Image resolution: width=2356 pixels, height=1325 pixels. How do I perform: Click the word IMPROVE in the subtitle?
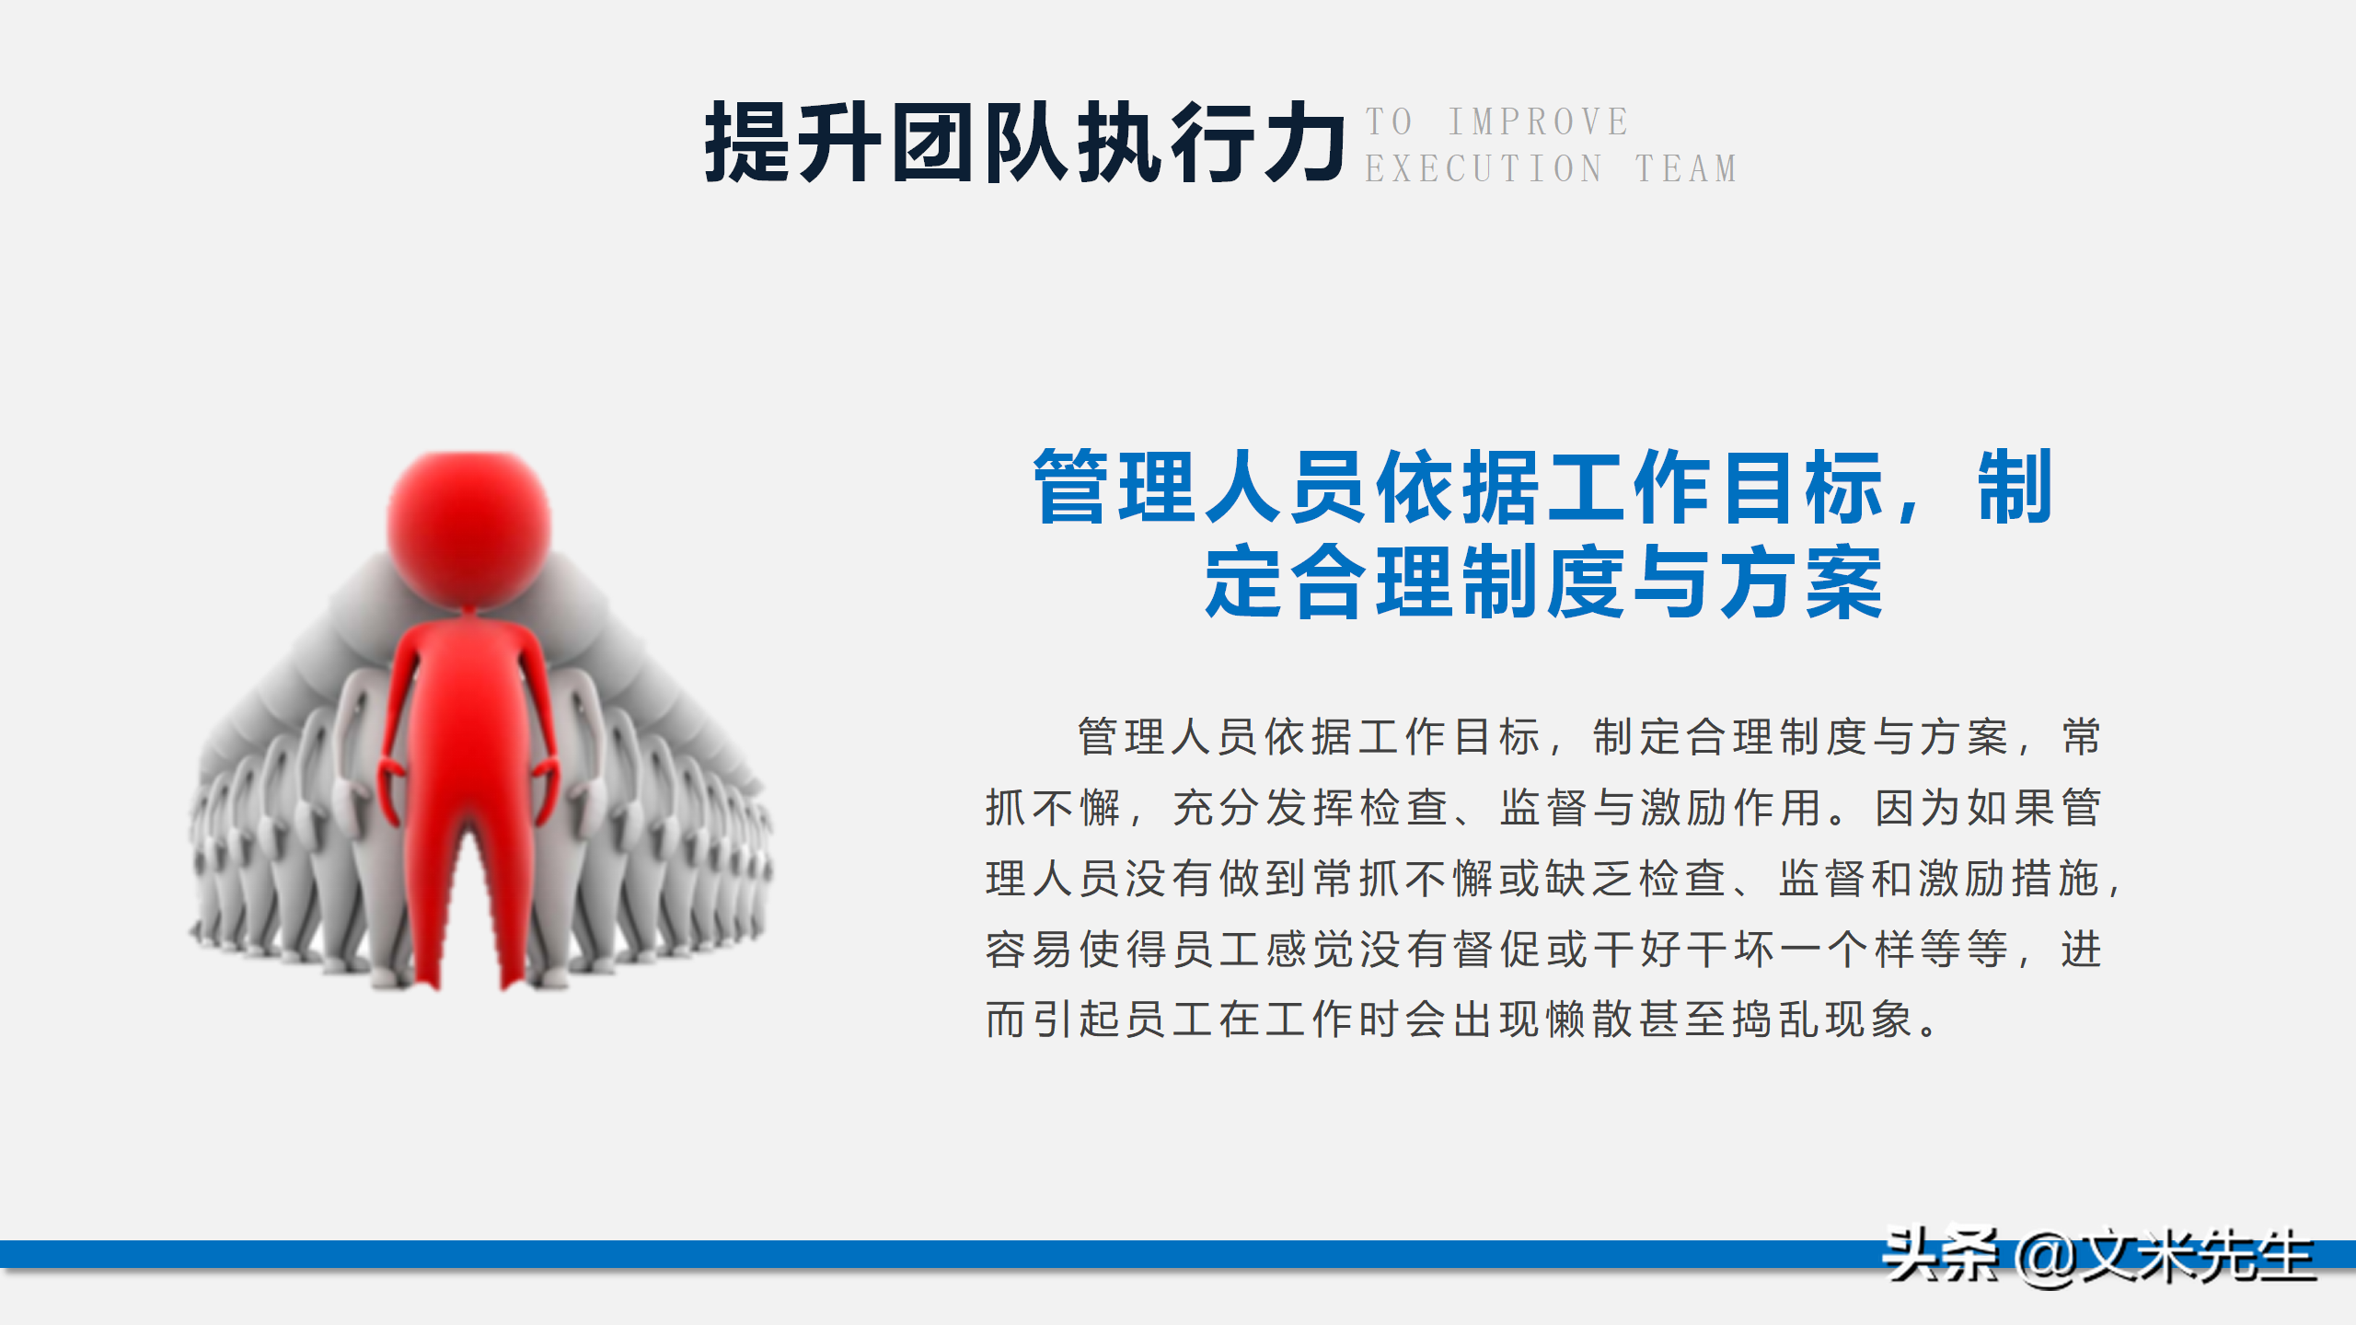pyautogui.click(x=1539, y=121)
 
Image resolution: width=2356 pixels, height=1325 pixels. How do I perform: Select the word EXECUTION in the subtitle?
pyautogui.click(x=1484, y=169)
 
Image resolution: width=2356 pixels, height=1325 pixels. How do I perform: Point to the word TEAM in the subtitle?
pyautogui.click(x=1686, y=169)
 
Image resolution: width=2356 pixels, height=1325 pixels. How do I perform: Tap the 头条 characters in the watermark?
pyautogui.click(x=1940, y=1255)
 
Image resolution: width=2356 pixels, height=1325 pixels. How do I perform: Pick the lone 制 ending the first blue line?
pyautogui.click(x=2015, y=487)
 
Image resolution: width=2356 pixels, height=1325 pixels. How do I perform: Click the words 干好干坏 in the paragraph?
pyautogui.click(x=1683, y=950)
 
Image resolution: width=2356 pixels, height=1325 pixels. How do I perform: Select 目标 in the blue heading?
pyautogui.click(x=1804, y=487)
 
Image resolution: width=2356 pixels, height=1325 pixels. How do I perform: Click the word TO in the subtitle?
pyautogui.click(x=1389, y=121)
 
